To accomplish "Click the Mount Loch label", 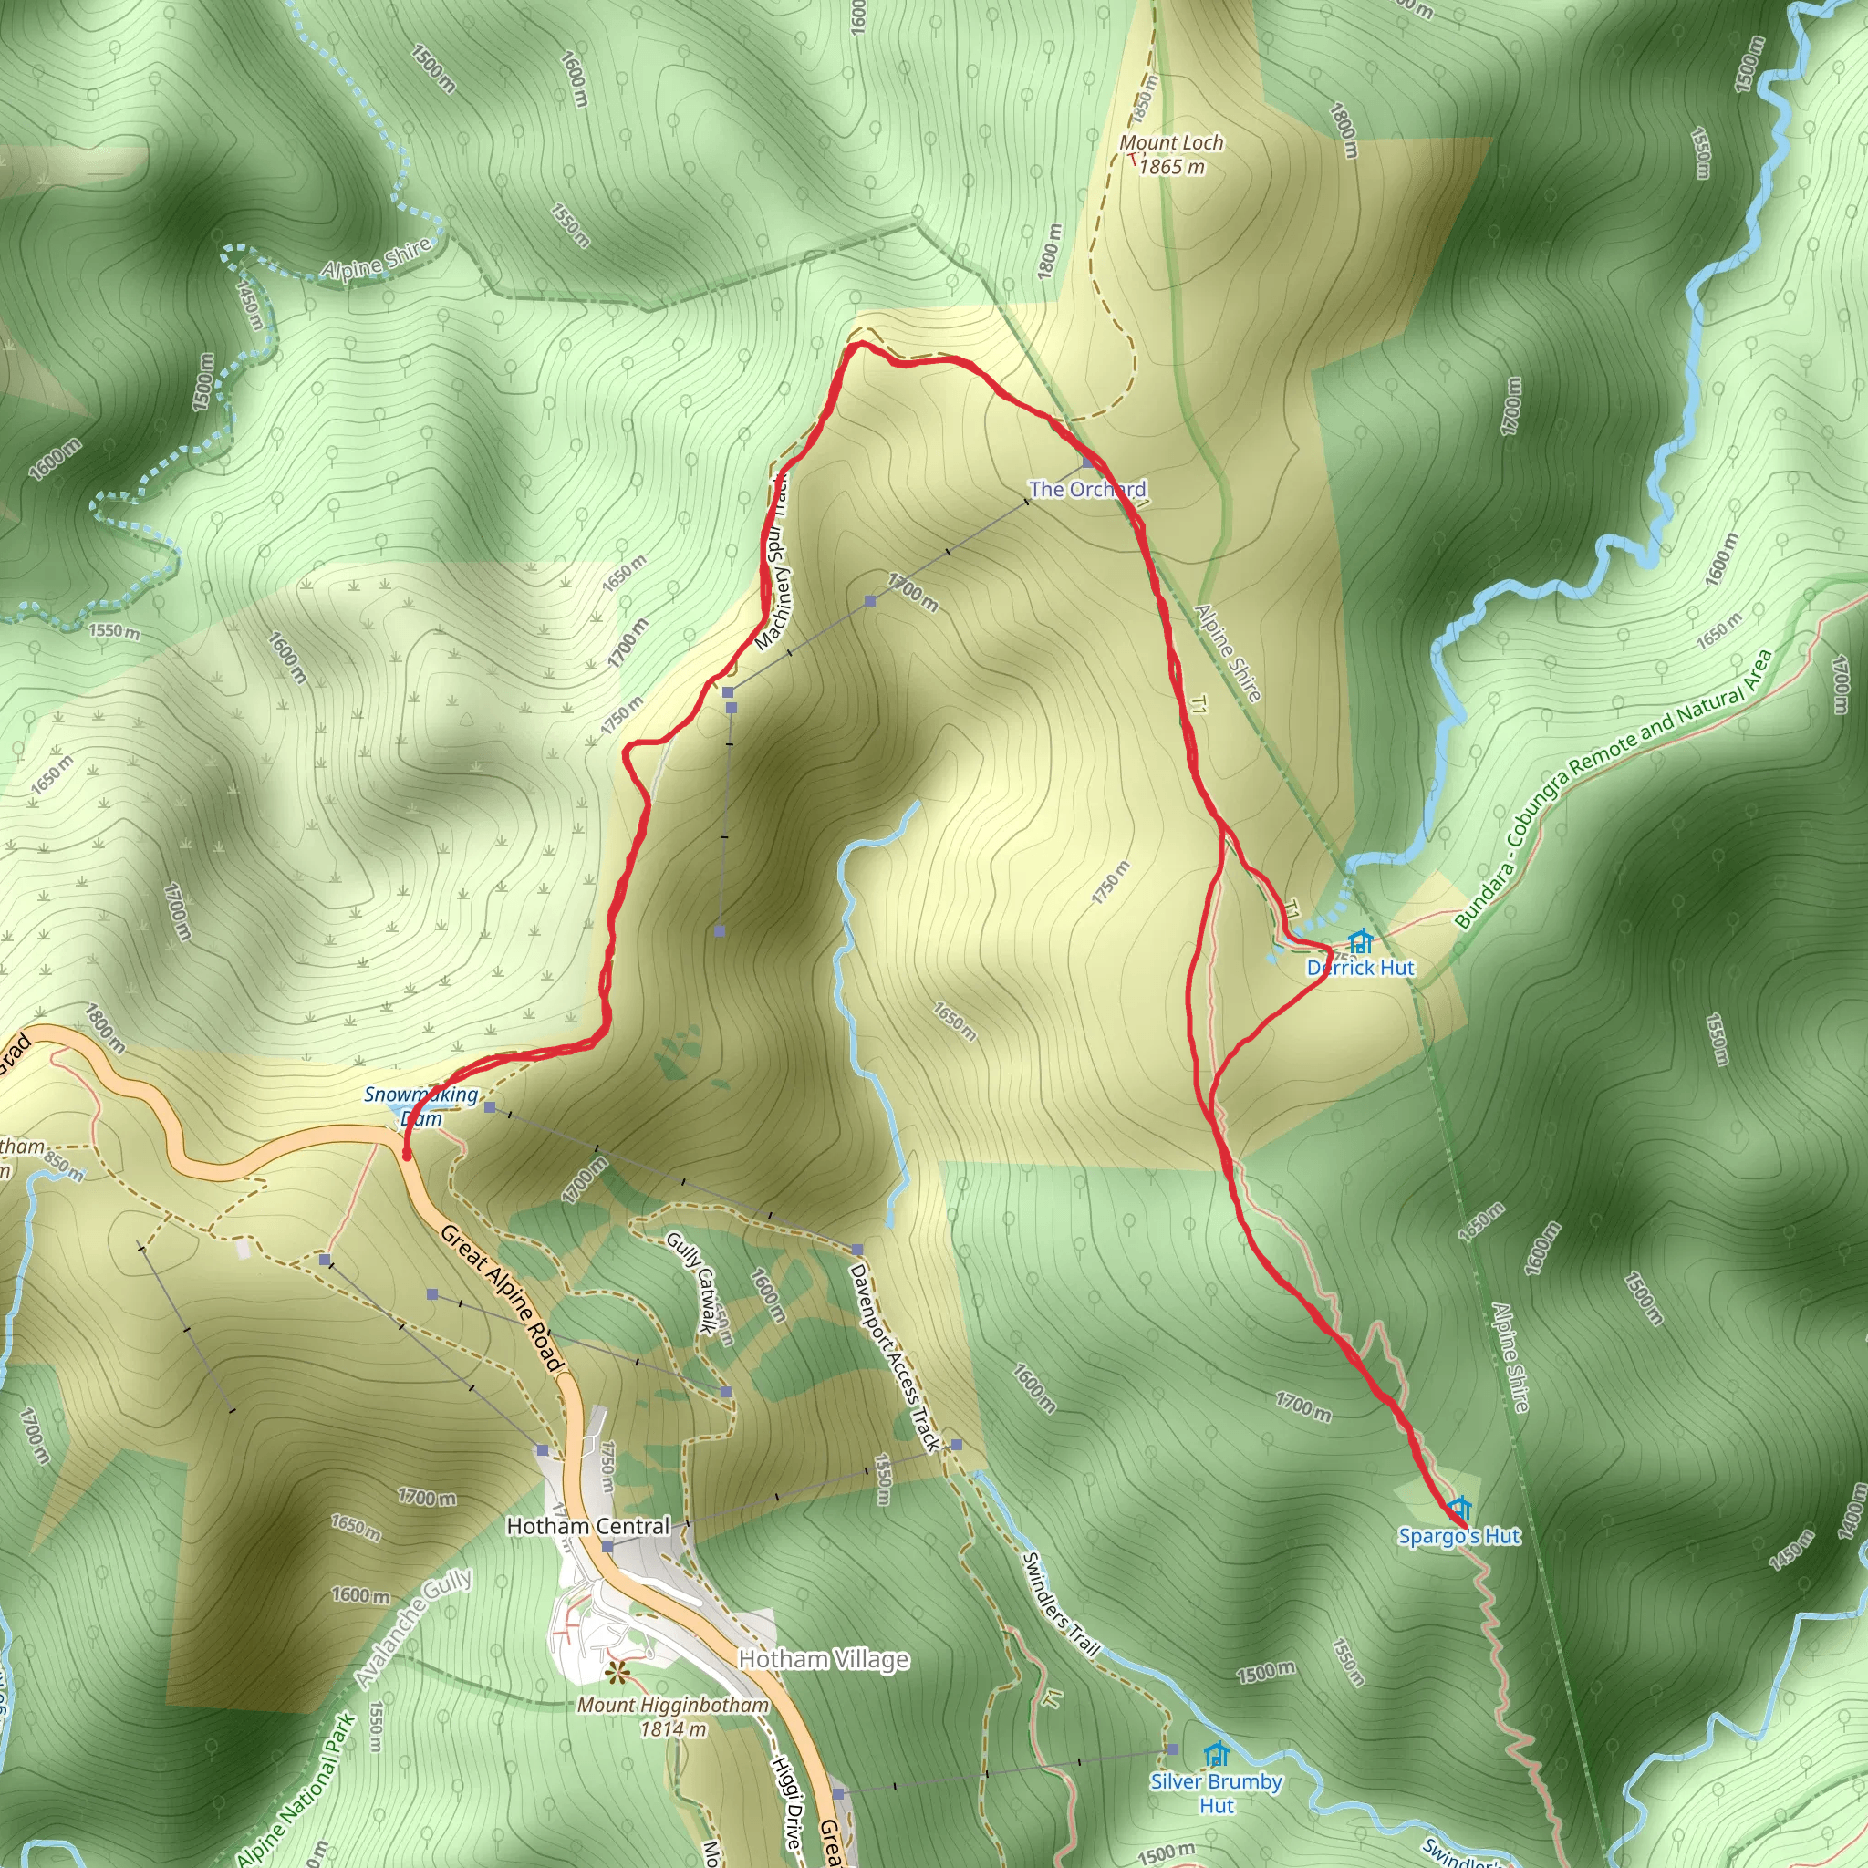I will (x=1171, y=143).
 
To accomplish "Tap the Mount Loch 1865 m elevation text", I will (x=1172, y=167).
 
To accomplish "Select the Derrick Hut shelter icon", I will (x=1359, y=941).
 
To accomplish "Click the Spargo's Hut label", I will (x=1459, y=1536).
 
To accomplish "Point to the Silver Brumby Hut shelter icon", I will (x=1217, y=1753).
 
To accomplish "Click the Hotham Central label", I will (x=588, y=1526).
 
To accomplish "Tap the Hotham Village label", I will (x=824, y=1659).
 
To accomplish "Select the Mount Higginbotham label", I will (x=673, y=1705).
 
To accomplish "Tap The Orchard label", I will (x=1088, y=489).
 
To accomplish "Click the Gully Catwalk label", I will (x=692, y=1282).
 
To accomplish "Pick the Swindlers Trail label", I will (x=1062, y=1604).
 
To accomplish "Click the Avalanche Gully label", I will (x=414, y=1627).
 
